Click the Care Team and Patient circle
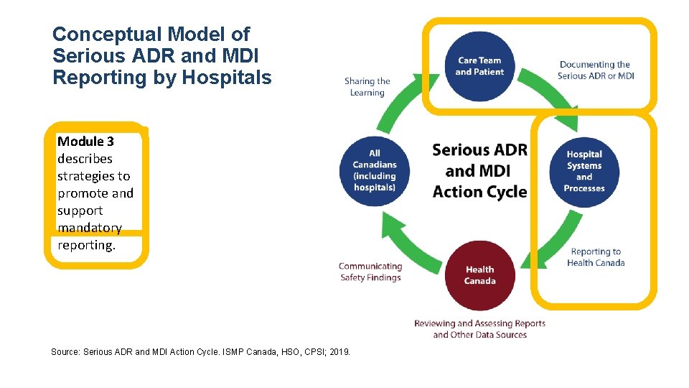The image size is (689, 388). pyautogui.click(x=479, y=66)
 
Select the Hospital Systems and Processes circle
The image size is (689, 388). pyautogui.click(x=584, y=172)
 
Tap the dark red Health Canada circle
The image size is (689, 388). pyautogui.click(x=479, y=275)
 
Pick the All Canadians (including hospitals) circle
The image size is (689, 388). pyautogui.click(x=375, y=171)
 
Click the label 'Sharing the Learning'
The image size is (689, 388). pyautogui.click(x=367, y=87)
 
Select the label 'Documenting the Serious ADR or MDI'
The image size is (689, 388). pyautogui.click(x=595, y=70)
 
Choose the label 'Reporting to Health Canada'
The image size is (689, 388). pyautogui.click(x=596, y=257)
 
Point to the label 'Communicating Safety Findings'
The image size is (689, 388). pyautogui.click(x=370, y=272)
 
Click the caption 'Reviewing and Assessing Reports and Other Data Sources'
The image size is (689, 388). pyautogui.click(x=479, y=329)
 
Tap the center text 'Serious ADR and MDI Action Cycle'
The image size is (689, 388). pyautogui.click(x=479, y=171)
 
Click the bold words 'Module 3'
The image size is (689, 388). pyautogui.click(x=85, y=142)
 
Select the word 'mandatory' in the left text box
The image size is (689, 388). pyautogui.click(x=90, y=228)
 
